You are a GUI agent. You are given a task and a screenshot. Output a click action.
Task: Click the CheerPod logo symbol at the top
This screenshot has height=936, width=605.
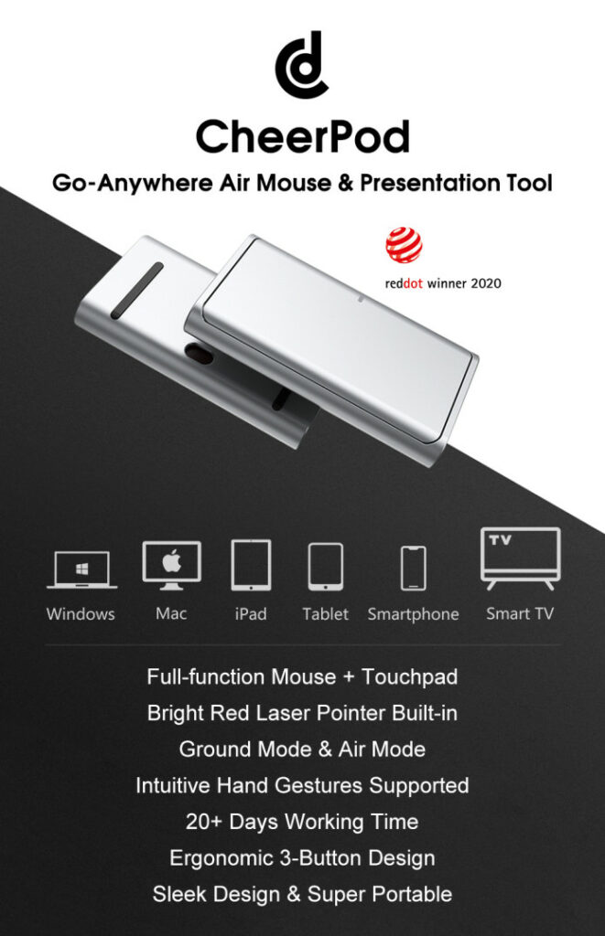302,66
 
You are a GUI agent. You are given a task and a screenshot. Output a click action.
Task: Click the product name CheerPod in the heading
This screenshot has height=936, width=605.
302,136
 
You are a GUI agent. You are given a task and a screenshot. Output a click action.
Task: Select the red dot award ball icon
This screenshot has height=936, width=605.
404,244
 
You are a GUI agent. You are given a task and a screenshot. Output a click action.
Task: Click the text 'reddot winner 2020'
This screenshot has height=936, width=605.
443,283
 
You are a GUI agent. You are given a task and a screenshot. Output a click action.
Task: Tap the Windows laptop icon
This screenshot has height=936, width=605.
81,569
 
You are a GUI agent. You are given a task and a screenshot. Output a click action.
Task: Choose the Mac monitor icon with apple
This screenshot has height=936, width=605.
171,565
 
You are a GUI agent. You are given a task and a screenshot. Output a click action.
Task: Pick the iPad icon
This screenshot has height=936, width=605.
251,565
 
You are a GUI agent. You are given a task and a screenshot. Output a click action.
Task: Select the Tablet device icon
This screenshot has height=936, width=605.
325,567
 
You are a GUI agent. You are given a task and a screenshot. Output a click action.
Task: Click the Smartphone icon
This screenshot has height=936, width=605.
413,568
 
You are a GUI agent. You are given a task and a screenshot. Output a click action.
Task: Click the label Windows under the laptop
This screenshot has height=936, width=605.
81,613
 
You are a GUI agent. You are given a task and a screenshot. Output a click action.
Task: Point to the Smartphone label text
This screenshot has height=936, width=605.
413,614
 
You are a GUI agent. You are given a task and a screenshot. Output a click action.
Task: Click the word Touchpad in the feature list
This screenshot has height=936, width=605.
409,677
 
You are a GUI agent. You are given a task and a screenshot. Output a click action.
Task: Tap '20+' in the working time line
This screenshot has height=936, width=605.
204,822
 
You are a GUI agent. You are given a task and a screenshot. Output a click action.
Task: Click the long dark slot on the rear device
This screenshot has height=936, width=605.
137,290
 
